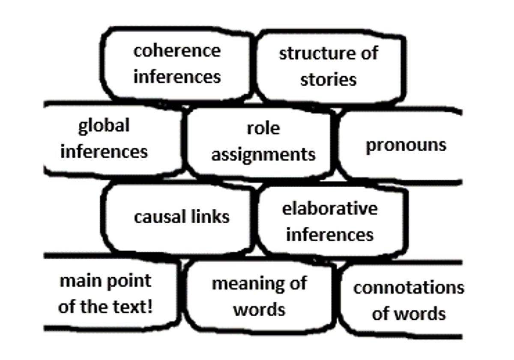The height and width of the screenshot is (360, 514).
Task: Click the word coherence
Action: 177,51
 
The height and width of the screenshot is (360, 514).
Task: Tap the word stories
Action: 329,80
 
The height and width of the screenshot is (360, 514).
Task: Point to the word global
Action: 104,126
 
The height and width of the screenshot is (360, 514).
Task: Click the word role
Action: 263,128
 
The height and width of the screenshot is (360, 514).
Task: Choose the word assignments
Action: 263,156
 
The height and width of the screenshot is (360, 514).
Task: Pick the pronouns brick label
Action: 406,146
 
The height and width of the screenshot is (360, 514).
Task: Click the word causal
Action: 160,217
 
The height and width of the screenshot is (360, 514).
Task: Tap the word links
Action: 210,217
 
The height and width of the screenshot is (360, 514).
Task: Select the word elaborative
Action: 330,209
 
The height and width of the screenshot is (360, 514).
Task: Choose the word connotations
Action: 409,288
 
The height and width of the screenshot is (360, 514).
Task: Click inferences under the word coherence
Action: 177,77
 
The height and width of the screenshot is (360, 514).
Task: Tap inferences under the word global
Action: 104,152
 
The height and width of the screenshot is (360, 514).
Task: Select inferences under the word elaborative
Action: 330,235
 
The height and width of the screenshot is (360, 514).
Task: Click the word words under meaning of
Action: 259,310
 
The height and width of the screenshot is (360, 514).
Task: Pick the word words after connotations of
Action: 420,314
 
